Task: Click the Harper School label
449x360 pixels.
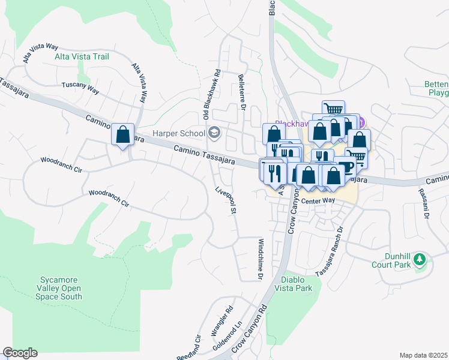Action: point(179,133)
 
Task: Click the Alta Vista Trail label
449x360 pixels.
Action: point(82,56)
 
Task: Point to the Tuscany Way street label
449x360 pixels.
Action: point(80,86)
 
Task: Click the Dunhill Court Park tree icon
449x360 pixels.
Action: point(421,260)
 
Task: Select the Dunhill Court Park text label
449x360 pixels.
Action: point(390,259)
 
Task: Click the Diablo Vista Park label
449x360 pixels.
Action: point(297,284)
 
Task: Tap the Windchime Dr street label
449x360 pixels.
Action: point(261,259)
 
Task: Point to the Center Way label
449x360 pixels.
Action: point(318,200)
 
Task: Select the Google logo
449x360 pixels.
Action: point(20,353)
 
